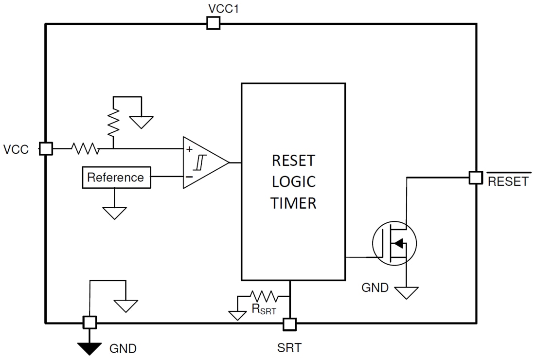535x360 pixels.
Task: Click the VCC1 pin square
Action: point(213,23)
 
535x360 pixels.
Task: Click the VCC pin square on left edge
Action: point(46,149)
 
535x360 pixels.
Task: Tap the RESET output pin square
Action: point(476,178)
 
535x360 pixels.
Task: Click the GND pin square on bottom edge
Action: point(89,322)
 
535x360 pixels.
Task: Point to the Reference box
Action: point(116,178)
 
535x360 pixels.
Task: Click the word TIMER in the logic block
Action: point(293,203)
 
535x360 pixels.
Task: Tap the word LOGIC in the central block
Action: point(293,181)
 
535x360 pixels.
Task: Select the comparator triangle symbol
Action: point(203,162)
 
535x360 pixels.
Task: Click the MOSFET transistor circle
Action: point(394,243)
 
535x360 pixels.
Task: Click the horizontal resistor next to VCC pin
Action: point(86,149)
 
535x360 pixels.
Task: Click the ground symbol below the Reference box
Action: point(114,213)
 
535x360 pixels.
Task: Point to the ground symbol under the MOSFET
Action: point(406,292)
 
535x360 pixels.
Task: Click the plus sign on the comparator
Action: point(189,149)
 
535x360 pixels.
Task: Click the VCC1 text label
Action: point(223,9)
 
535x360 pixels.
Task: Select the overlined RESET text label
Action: point(508,181)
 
